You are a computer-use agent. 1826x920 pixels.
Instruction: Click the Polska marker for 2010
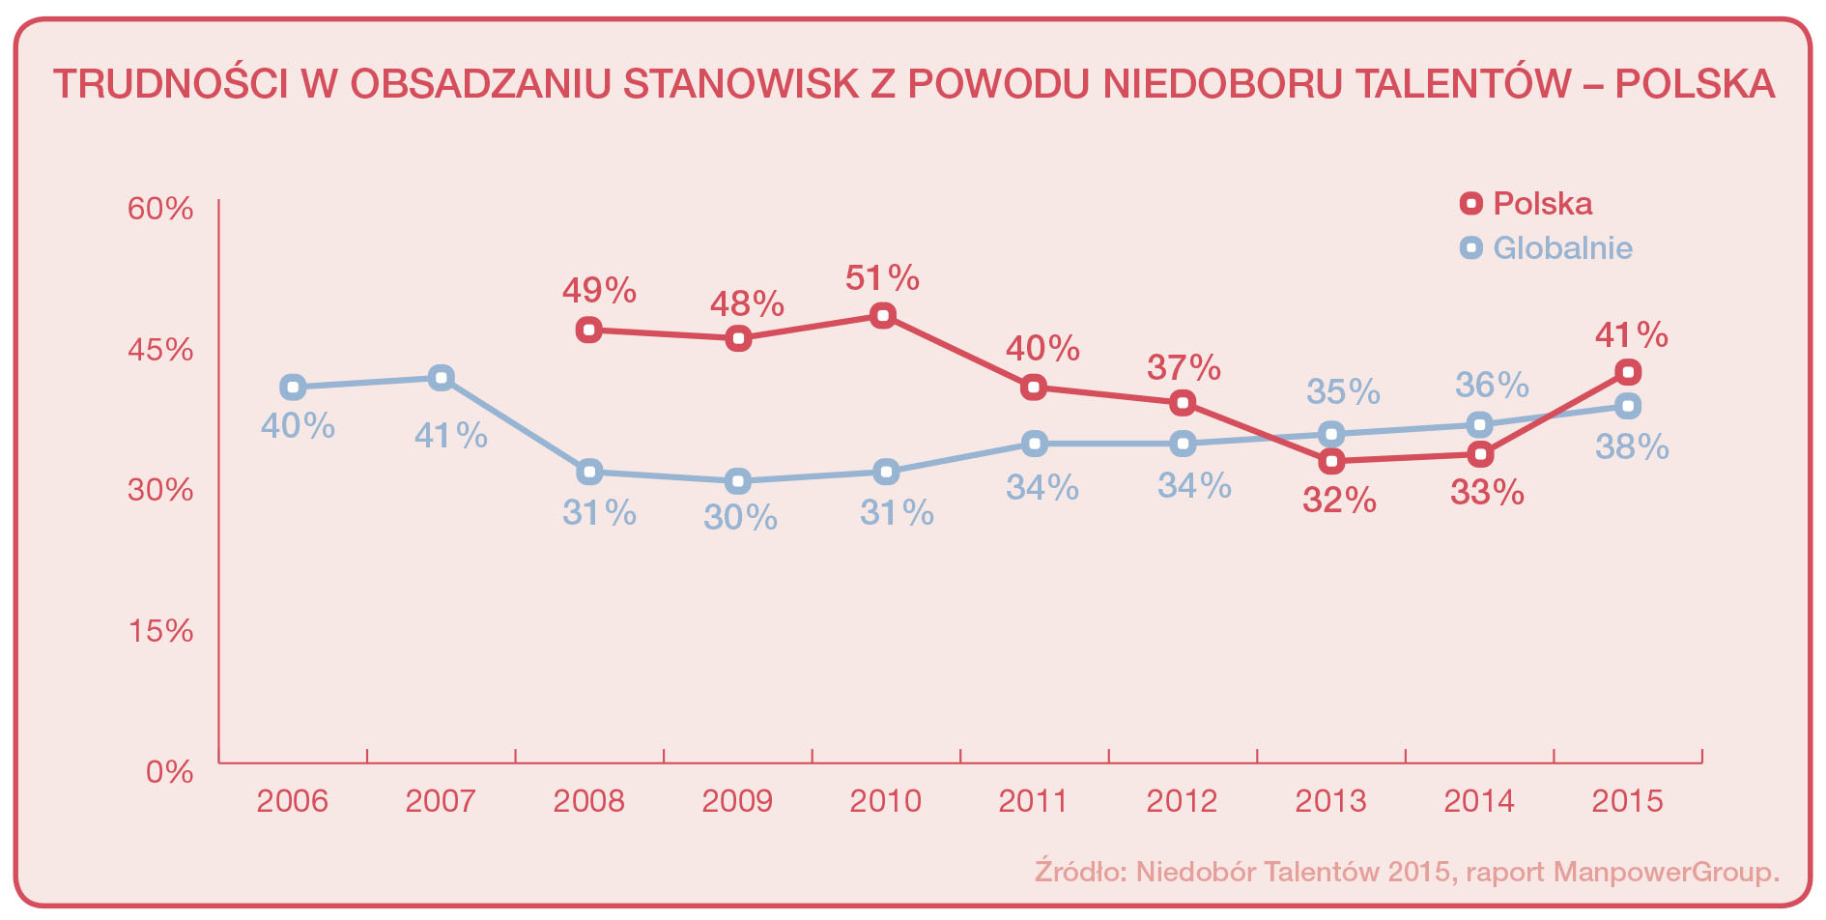click(x=882, y=316)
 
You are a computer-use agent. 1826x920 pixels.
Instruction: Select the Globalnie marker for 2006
click(x=293, y=388)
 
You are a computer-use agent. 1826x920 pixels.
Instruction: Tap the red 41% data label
click(x=1631, y=335)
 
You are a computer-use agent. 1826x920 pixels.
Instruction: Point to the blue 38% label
click(x=1632, y=446)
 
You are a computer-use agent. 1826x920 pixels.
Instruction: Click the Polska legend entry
click(x=1526, y=203)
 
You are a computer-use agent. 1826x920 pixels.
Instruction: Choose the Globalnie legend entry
click(x=1546, y=247)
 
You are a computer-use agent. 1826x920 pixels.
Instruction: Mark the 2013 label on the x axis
click(x=1330, y=800)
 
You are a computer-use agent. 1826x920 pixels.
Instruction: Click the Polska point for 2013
click(x=1332, y=461)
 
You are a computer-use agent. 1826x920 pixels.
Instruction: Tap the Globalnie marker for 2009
click(x=738, y=480)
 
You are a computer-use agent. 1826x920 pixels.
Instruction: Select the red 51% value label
click(x=882, y=278)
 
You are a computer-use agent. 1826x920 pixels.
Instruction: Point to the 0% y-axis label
click(x=170, y=772)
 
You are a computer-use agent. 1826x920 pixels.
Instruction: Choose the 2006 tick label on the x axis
click(x=292, y=800)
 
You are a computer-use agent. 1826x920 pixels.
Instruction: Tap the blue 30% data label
click(x=740, y=518)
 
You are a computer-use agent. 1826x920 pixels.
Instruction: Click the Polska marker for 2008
click(x=589, y=330)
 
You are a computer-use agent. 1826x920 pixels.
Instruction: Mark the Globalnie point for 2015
click(x=1628, y=406)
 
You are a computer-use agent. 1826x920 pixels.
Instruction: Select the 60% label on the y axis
click(x=160, y=209)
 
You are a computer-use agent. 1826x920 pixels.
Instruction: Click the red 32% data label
click(x=1339, y=500)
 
